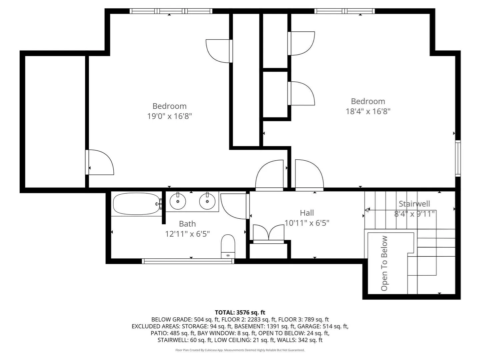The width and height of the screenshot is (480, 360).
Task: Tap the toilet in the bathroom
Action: (x=228, y=246)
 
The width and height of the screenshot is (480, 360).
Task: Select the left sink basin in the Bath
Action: (x=178, y=201)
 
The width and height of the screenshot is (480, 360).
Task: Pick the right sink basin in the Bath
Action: (x=207, y=201)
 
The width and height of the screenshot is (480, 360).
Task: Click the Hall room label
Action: (x=307, y=213)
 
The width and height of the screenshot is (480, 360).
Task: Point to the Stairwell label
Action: (x=414, y=204)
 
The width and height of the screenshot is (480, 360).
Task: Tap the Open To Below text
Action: (x=384, y=263)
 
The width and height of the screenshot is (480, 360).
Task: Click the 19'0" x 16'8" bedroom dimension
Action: (x=169, y=116)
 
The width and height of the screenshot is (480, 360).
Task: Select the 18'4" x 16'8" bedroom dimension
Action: (x=368, y=111)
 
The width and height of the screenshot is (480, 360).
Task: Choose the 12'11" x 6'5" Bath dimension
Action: (x=187, y=234)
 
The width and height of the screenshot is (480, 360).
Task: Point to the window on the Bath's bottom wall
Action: (x=188, y=261)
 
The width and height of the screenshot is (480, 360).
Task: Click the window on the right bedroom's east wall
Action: (x=458, y=158)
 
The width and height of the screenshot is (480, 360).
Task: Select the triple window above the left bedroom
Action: (x=171, y=11)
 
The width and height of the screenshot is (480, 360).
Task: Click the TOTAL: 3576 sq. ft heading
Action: (x=240, y=312)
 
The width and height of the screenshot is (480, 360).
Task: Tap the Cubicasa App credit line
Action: (x=240, y=350)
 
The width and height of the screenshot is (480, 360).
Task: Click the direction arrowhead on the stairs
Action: (x=367, y=210)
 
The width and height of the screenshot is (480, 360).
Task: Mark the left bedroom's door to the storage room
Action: (x=99, y=162)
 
